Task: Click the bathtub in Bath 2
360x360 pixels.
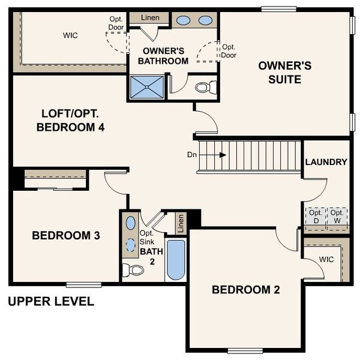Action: pos(175,260)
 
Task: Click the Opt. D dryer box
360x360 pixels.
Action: pos(316,216)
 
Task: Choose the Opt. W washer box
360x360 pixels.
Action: pos(337,216)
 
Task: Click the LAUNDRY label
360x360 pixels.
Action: pos(326,162)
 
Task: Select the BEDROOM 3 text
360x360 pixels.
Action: pos(66,235)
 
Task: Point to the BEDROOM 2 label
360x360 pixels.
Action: pos(246,290)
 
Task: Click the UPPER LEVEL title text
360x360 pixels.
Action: pos(51,301)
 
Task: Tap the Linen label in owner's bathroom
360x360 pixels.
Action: pos(150,17)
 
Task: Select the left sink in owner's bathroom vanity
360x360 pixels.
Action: pos(184,20)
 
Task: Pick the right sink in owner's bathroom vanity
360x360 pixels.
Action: pos(205,20)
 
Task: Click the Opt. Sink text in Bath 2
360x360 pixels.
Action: pos(148,238)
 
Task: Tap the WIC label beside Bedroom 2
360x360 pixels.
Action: pos(326,259)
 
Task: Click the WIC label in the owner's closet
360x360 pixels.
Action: pos(70,35)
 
